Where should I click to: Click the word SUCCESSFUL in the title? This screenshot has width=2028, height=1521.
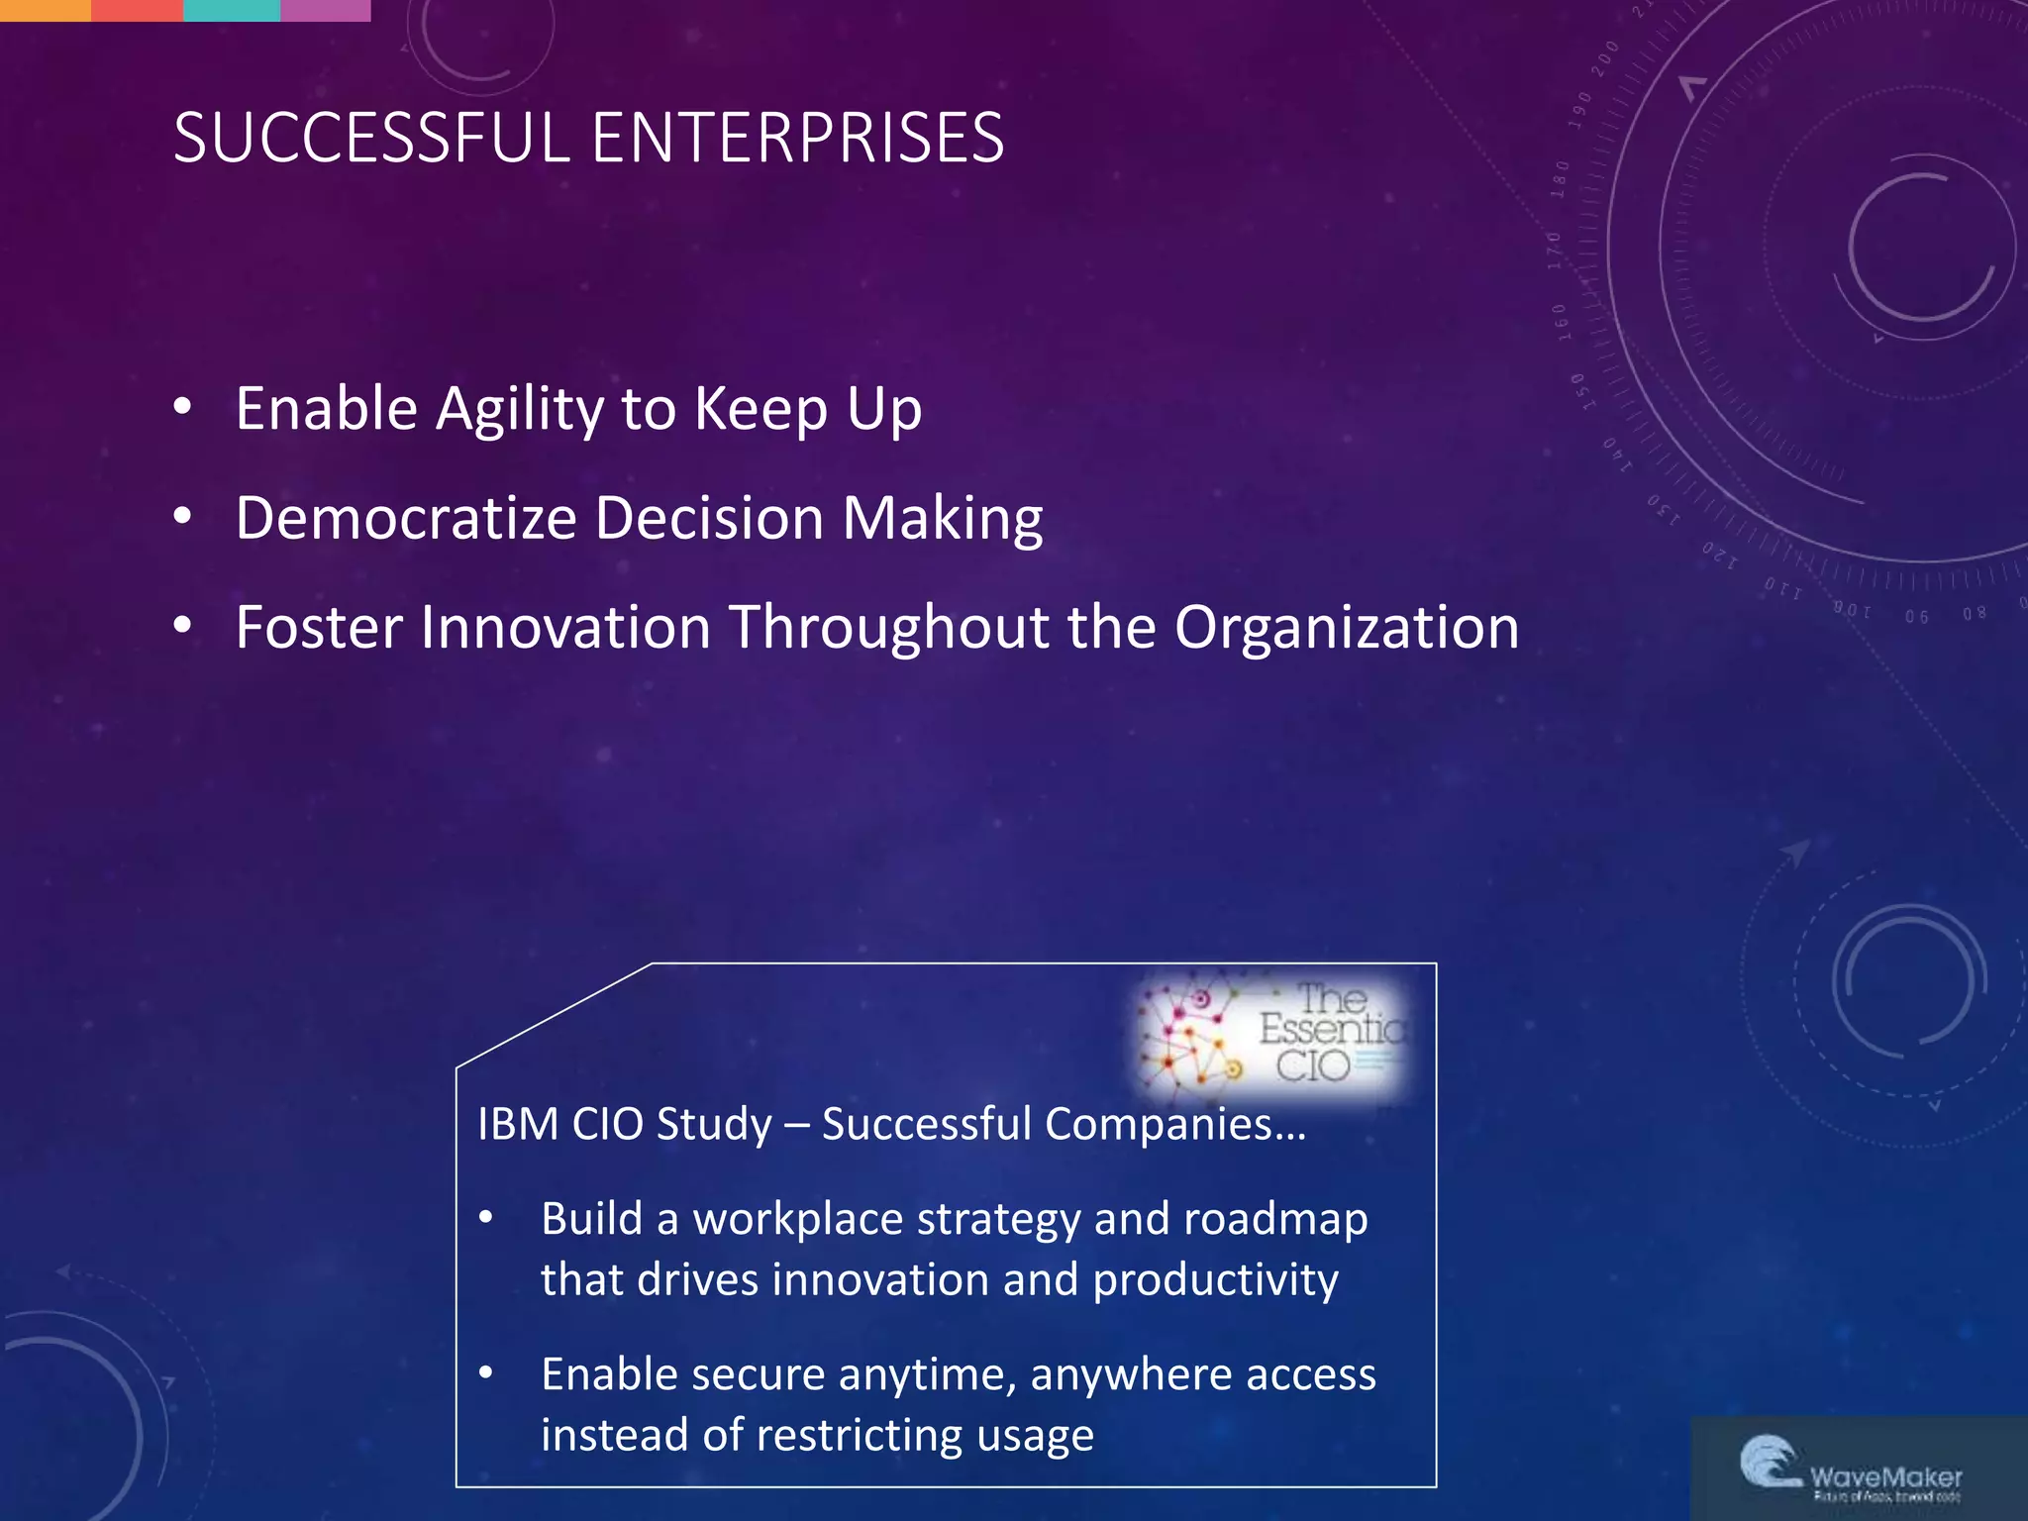372,138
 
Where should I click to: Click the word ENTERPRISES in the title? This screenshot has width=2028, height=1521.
798,138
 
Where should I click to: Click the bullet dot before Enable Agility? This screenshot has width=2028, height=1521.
182,407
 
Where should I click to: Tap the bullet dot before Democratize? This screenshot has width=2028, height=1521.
182,516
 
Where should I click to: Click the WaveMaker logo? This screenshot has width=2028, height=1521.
1850,1469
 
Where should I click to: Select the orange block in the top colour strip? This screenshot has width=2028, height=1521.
46,10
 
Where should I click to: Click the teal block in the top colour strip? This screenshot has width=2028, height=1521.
232,10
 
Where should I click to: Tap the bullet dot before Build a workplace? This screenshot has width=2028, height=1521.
485,1218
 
